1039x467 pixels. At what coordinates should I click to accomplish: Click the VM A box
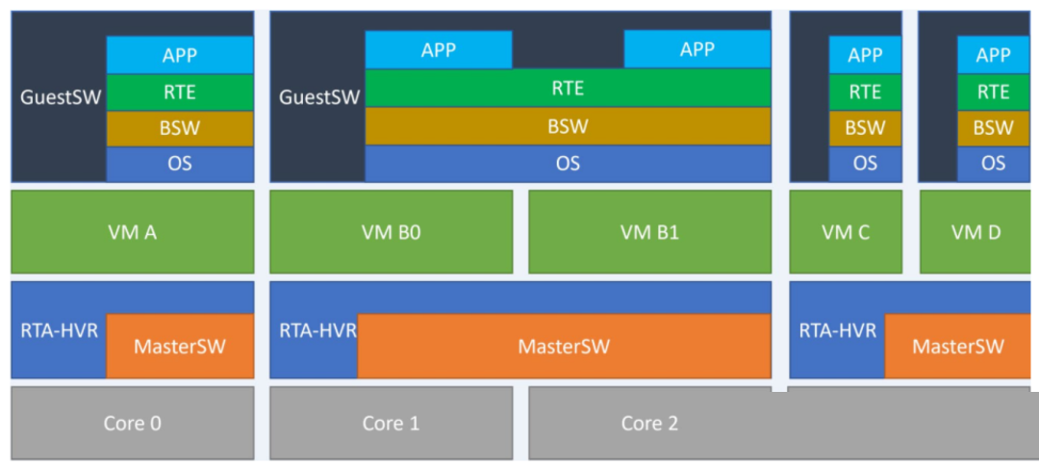pos(133,232)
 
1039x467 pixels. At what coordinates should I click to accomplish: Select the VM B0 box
pos(391,232)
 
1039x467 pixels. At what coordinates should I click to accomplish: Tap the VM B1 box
pos(650,232)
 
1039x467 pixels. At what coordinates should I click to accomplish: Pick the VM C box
pos(846,232)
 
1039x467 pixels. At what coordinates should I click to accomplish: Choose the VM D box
pos(976,232)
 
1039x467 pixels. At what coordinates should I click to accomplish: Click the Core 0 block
pos(133,424)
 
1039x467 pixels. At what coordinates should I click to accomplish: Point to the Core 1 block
pos(391,424)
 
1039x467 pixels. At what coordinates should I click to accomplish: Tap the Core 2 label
pos(650,424)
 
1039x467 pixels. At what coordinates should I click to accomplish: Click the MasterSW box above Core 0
pos(180,347)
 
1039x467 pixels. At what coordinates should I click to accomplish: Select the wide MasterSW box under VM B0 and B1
pos(565,347)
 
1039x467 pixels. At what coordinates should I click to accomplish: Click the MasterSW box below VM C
pos(957,347)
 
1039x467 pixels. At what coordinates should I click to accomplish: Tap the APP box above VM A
pos(180,55)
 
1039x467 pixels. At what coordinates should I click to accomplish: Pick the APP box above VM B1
pos(697,49)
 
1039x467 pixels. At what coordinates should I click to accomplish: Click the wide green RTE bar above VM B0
pos(569,88)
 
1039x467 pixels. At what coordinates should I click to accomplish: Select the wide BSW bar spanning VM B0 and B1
pos(569,126)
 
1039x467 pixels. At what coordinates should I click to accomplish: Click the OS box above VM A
pos(180,164)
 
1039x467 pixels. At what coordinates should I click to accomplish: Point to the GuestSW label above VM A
pos(61,97)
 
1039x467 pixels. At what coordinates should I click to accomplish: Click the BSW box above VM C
pos(866,129)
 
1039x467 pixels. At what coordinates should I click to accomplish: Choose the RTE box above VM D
pos(993,92)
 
